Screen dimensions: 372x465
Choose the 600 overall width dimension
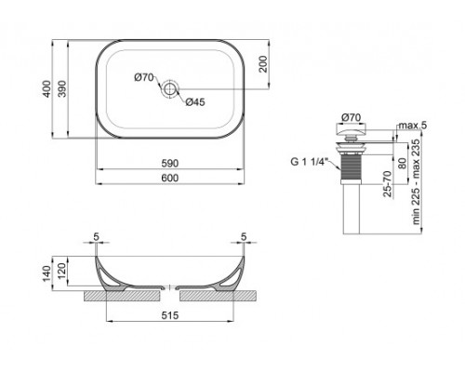click(170, 179)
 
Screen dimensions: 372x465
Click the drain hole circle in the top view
click(170, 90)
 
